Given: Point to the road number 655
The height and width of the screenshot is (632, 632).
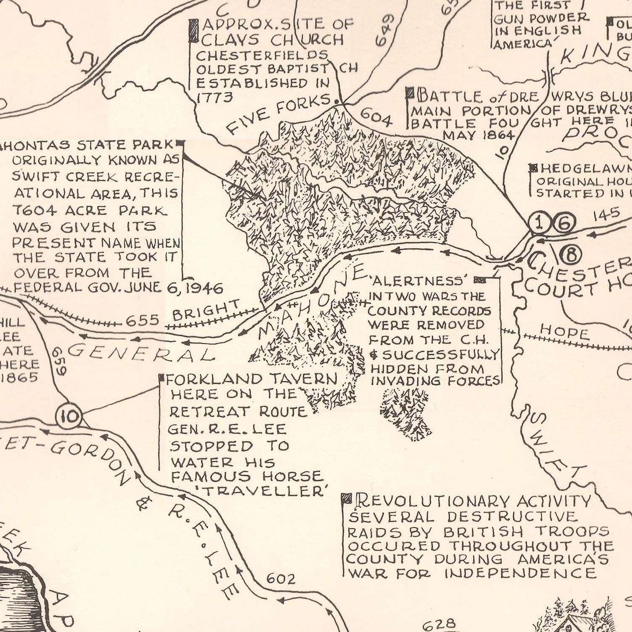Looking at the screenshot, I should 143,320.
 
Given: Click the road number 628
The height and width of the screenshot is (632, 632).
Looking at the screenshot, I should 441,624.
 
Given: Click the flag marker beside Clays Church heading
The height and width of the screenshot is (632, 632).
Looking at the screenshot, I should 193,31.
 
